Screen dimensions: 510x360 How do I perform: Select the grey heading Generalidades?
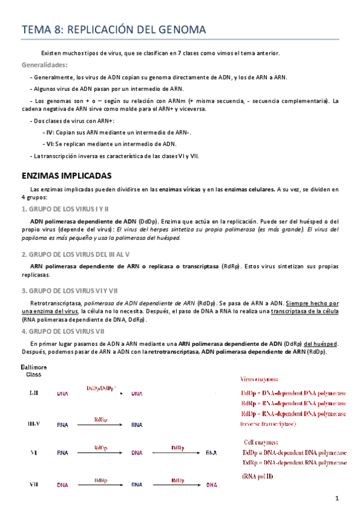coord(44,65)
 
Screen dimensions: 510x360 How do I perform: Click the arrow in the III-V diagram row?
coord(102,425)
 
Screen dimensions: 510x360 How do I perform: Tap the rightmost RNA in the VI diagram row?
coord(211,453)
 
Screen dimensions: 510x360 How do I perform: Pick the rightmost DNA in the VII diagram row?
coord(212,484)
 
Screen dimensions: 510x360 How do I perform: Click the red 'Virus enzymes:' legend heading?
coord(259,379)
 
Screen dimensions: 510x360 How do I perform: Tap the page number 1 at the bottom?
coord(338,498)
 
